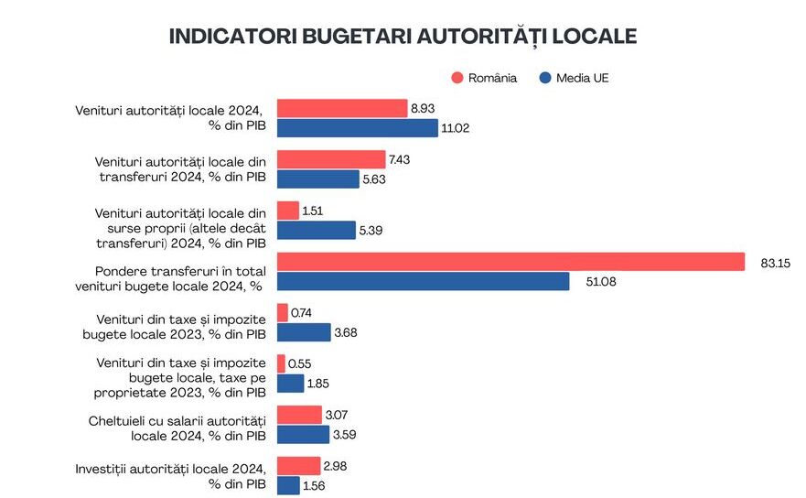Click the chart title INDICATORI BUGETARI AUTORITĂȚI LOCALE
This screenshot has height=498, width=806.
click(403, 37)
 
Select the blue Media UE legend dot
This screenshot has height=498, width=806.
click(545, 78)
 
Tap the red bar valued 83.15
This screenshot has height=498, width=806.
click(510, 262)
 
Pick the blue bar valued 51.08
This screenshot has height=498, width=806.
click(423, 282)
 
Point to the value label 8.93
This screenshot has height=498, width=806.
click(423, 109)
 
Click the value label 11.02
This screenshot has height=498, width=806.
click(455, 129)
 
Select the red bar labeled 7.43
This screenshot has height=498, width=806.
click(331, 159)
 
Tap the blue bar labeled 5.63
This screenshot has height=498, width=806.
click(317, 179)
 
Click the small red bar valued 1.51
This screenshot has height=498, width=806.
click(288, 211)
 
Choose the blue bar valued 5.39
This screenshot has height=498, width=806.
click(316, 231)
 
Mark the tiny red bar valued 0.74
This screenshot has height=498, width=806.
click(283, 312)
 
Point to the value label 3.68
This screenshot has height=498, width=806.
click(346, 332)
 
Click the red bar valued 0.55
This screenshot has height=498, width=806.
click(282, 363)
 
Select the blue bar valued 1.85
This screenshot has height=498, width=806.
click(290, 384)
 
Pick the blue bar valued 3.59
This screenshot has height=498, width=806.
click(303, 435)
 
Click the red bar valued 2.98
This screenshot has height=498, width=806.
click(298, 466)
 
